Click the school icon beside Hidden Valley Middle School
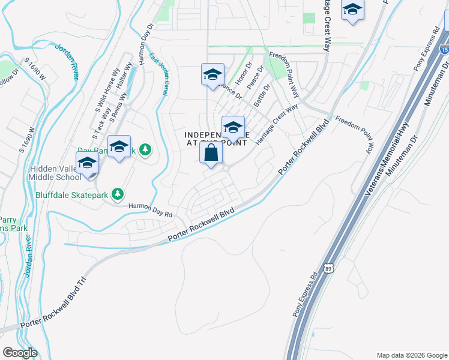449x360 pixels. point(88,163)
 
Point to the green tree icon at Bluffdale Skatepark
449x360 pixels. point(119,193)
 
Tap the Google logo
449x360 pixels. point(20,353)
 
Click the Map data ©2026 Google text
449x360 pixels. point(411,355)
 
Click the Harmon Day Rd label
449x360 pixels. point(151,210)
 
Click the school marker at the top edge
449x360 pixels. point(352,10)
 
